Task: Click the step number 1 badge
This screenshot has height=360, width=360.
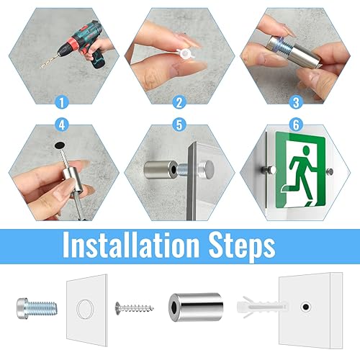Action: click(x=62, y=102)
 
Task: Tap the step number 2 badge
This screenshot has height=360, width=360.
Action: click(x=179, y=102)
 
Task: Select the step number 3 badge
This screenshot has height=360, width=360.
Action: click(x=296, y=102)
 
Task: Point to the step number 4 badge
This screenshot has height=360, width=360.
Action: click(x=62, y=125)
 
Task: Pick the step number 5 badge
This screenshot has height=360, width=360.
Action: click(x=179, y=125)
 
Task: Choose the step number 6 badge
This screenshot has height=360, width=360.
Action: click(x=296, y=125)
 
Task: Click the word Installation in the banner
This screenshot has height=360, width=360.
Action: click(x=131, y=245)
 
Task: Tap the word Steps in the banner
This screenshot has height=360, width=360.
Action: click(x=242, y=246)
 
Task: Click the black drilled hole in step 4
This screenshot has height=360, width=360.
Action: click(x=60, y=145)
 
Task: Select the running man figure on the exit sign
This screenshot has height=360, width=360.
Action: click(x=302, y=174)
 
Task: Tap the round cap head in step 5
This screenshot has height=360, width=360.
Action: click(x=207, y=169)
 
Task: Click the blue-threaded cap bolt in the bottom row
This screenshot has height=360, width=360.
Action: click(x=37, y=308)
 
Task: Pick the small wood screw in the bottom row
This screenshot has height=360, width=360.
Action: click(x=135, y=307)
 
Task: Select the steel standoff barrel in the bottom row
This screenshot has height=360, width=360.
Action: click(x=196, y=307)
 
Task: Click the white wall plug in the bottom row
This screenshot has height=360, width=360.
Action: click(x=262, y=307)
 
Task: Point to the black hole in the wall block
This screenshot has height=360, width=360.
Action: click(x=305, y=307)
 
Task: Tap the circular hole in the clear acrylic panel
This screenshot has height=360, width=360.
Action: click(x=84, y=309)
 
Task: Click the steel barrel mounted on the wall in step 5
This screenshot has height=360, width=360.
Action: click(x=161, y=170)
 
